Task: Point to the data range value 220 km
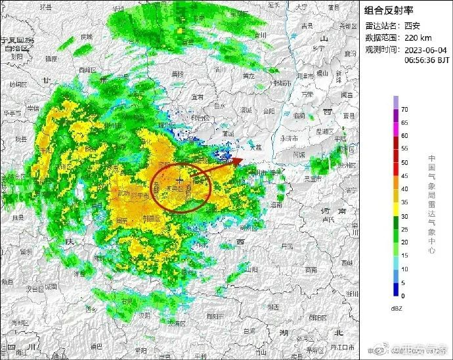[418, 37]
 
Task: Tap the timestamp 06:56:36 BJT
[426, 60]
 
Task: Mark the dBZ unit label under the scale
[397, 309]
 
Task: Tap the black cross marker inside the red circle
[179, 179]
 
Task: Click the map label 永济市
[290, 139]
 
